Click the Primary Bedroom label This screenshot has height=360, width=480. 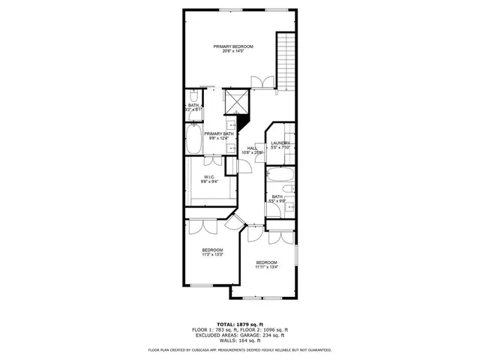(x=232, y=47)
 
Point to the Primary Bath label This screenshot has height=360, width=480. (x=219, y=134)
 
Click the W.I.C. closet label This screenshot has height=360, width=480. (x=209, y=178)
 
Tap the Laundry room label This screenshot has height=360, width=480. (x=280, y=143)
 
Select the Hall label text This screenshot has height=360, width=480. (x=252, y=148)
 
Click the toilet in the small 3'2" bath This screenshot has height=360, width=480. (x=193, y=97)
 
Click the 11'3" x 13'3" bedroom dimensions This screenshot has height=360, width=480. (x=212, y=255)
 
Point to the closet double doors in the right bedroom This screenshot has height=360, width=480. (x=279, y=238)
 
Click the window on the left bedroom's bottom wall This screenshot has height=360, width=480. (x=202, y=286)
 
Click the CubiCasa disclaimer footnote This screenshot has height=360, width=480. (x=239, y=349)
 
